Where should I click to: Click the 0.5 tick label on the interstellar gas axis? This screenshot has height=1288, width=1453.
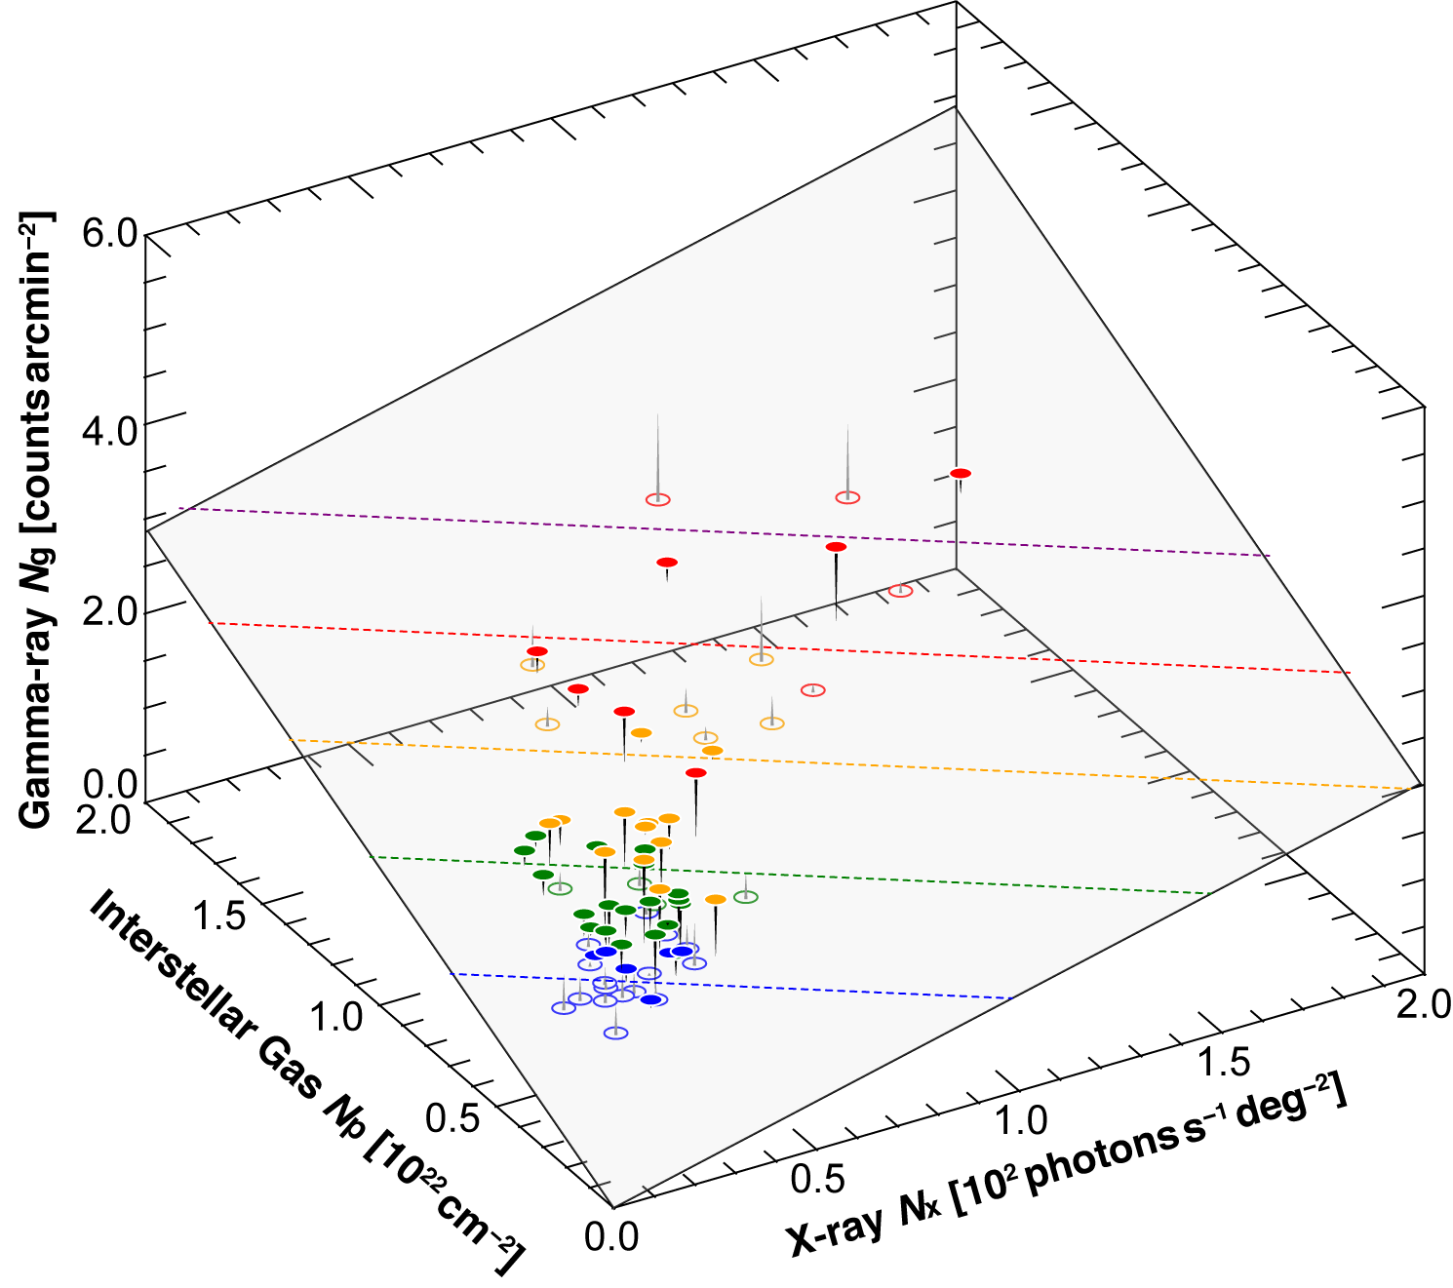coord(452,1118)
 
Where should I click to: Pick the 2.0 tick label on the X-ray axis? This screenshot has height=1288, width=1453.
coord(1424,1004)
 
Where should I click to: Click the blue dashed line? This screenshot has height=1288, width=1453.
coord(731,985)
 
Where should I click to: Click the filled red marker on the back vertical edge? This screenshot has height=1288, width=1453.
coord(961,474)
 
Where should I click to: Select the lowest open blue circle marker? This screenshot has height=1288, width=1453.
coord(615,1033)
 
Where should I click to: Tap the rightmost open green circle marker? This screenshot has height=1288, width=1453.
coord(746,896)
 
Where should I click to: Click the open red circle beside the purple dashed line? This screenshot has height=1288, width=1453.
coord(659,499)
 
